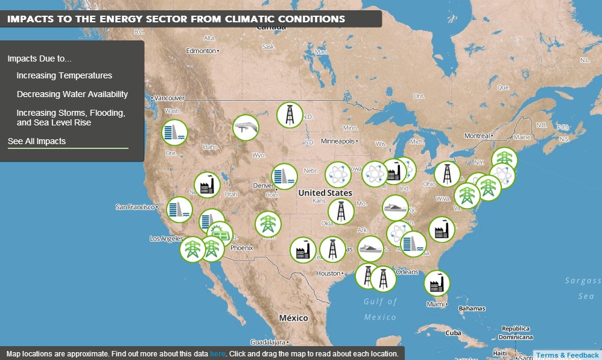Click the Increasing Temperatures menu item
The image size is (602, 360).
(64, 75)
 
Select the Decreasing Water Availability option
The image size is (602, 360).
(72, 94)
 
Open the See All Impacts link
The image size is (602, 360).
(37, 141)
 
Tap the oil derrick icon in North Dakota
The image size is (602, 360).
(290, 115)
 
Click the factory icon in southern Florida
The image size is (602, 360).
(437, 283)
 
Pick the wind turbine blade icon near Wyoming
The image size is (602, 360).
(246, 127)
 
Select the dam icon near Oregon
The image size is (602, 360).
(174, 133)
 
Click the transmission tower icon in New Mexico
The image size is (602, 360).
(267, 224)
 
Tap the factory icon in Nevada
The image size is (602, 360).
(207, 185)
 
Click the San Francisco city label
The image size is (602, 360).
(136, 207)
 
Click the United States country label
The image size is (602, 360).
(325, 193)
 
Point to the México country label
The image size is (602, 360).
(293, 318)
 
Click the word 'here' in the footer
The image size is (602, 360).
(218, 353)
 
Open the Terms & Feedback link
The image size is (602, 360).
(567, 355)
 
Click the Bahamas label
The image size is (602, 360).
(471, 309)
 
